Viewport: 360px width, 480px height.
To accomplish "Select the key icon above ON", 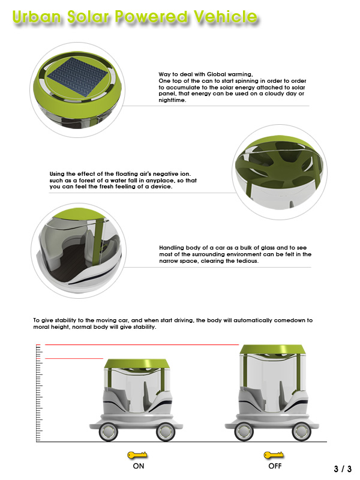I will pos(136,456).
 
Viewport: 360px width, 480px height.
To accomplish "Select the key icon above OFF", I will pos(274,456).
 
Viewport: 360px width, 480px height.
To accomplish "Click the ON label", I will pos(137,466).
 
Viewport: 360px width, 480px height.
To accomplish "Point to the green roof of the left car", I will pos(136,364).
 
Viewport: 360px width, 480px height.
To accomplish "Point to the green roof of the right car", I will pos(271,350).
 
